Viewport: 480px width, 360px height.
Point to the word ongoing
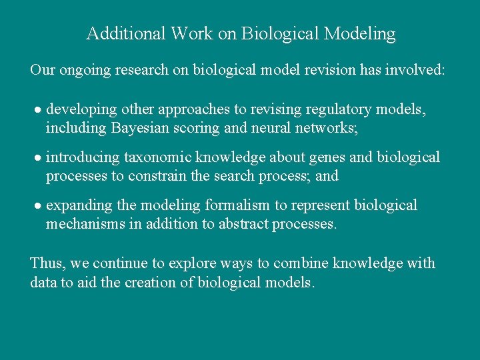tap(85, 70)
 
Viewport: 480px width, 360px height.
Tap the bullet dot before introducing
tap(38, 159)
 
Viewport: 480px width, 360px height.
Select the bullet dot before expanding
tap(38, 206)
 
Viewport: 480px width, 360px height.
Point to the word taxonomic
tap(151, 157)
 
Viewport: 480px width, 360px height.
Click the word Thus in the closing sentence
tap(44, 263)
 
